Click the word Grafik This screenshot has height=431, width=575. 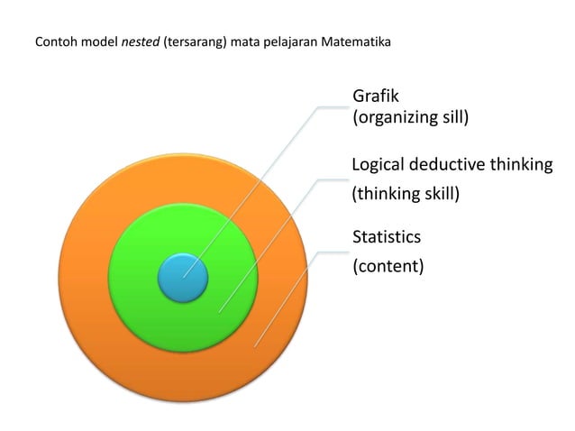point(376,96)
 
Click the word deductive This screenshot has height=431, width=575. point(448,165)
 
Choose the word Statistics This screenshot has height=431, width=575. point(386,237)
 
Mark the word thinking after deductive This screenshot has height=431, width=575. point(520,165)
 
